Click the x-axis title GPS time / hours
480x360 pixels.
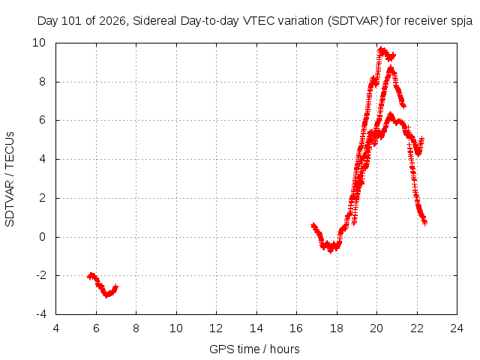[254, 349]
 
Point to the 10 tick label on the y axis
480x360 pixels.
[39, 43]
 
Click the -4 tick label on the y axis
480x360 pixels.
[40, 314]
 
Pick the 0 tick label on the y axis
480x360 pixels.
[43, 237]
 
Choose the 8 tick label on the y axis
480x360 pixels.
[43, 82]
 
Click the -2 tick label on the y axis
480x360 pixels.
[40, 275]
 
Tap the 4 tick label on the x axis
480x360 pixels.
[56, 328]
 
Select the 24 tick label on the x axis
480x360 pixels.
[457, 328]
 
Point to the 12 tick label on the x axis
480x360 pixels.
[216, 328]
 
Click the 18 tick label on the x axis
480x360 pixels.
[337, 328]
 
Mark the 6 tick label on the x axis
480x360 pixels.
[96, 328]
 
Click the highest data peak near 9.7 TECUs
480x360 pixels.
[381, 49]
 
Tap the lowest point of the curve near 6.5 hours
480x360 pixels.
[106, 295]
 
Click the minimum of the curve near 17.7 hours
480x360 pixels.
[330, 250]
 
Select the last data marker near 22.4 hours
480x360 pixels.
[424, 223]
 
